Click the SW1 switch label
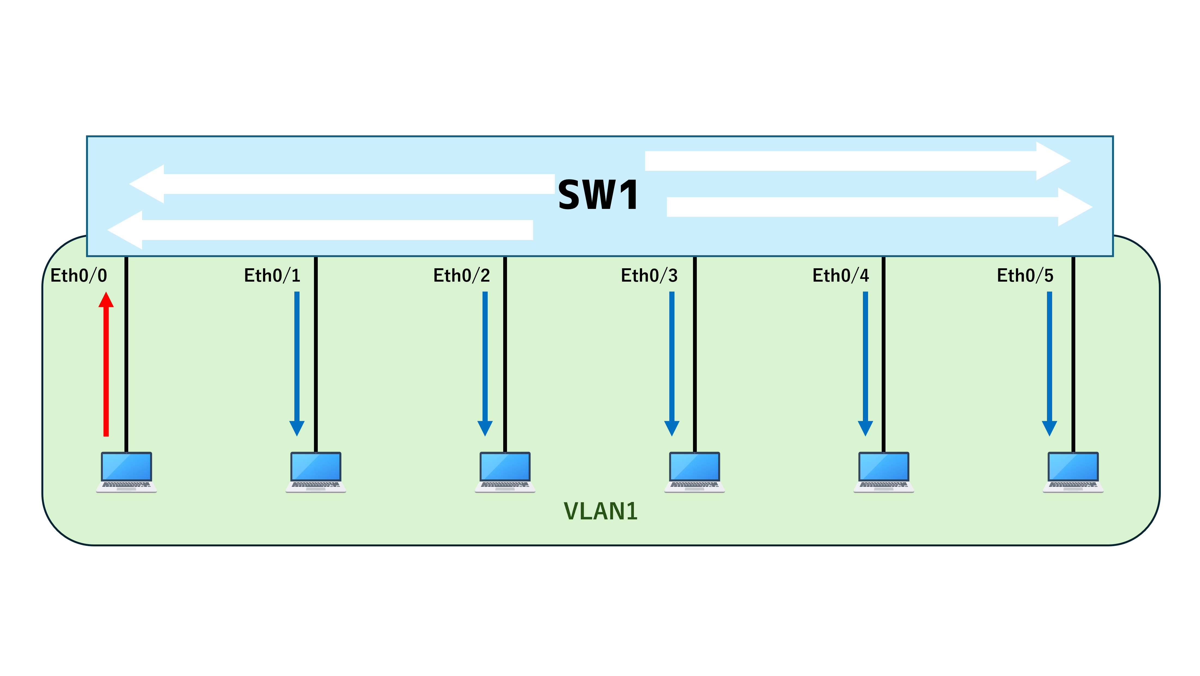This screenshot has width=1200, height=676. coord(598,195)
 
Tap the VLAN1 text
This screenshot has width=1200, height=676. coord(600,511)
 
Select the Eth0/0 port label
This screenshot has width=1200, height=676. coord(79,275)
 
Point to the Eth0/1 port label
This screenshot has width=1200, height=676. coord(273,275)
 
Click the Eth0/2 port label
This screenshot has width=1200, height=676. coord(462,275)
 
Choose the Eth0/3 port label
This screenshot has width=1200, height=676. coord(649,275)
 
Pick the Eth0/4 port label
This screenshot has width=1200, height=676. coord(841,275)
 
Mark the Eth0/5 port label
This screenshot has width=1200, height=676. coord(1025,275)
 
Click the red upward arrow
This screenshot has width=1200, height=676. coord(106,364)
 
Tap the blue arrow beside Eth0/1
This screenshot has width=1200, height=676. coord(297,364)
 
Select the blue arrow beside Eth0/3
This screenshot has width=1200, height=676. coord(672,364)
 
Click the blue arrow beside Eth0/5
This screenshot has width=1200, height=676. coord(1049,364)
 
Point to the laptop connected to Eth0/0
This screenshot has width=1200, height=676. coord(126,472)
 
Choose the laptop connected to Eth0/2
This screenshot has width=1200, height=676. coord(505,472)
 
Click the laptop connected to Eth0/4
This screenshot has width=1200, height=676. coord(884,472)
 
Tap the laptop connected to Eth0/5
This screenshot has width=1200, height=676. coord(1073,472)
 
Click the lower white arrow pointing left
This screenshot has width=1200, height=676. coord(320,230)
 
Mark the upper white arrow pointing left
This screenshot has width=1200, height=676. coord(342,184)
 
